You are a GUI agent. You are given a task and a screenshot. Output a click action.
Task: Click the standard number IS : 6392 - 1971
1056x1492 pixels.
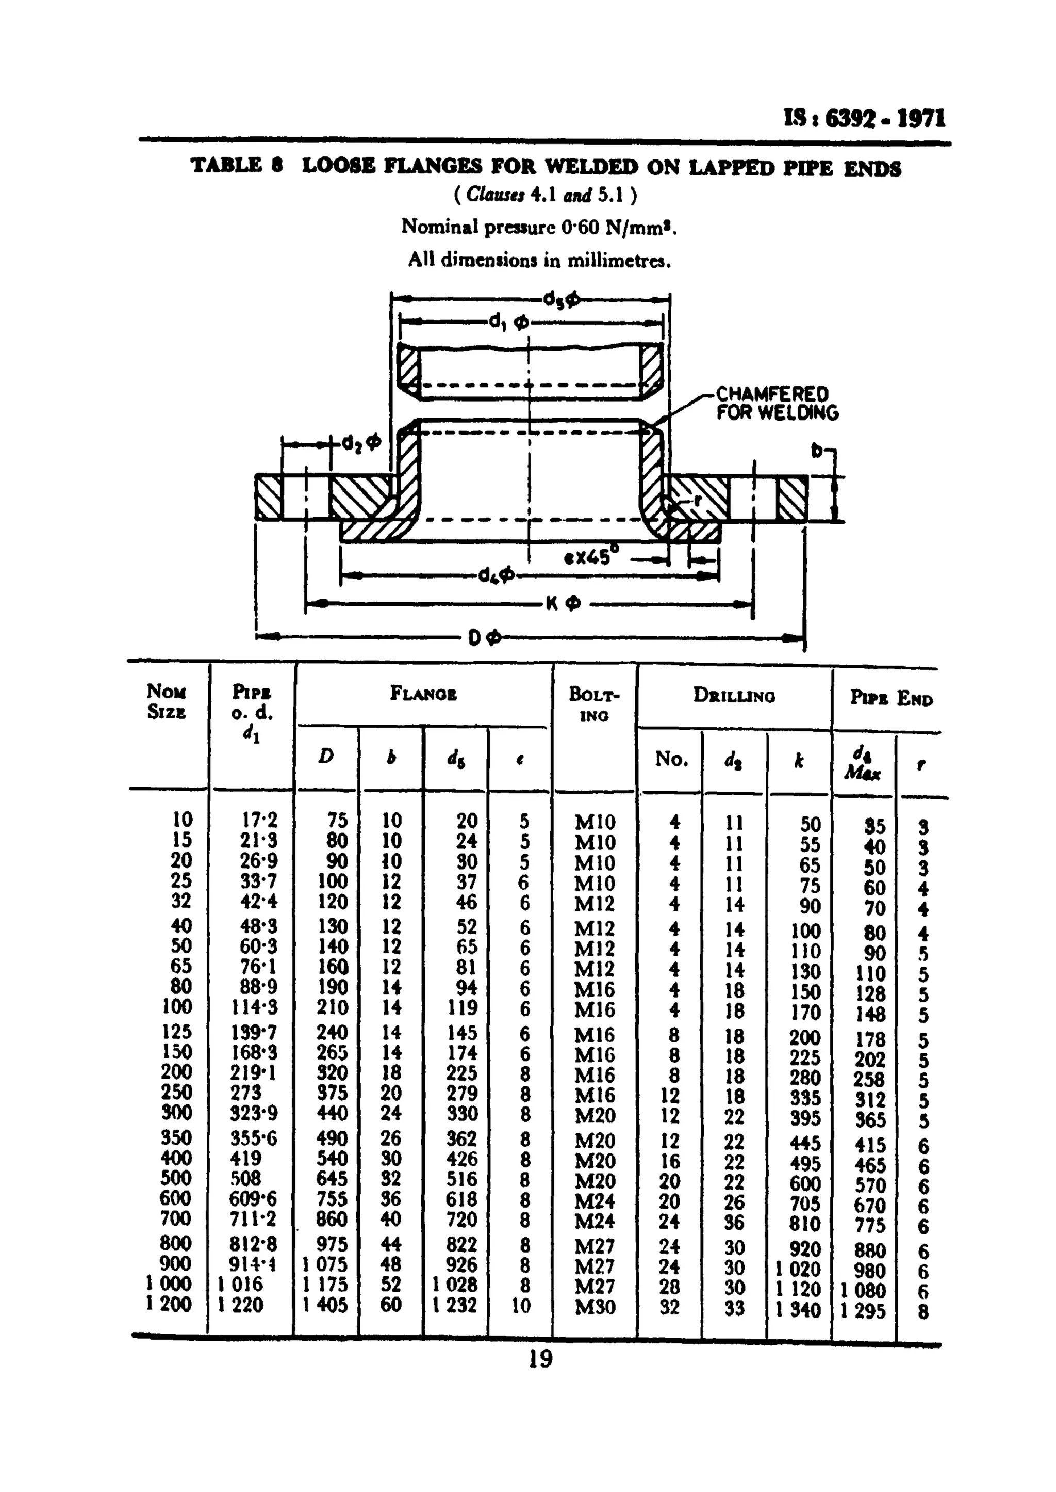(x=865, y=119)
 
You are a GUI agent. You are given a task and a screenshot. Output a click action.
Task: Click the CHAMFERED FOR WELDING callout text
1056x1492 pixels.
(x=777, y=404)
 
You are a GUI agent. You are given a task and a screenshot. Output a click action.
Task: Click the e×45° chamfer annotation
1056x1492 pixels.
(x=591, y=557)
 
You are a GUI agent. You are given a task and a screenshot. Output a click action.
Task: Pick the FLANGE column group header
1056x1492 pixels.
(x=423, y=694)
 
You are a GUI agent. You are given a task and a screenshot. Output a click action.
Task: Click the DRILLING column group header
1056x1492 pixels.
(x=734, y=696)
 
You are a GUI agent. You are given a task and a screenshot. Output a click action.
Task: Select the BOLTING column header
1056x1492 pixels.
(x=595, y=704)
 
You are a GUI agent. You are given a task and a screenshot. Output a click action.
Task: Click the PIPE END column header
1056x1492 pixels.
(x=891, y=699)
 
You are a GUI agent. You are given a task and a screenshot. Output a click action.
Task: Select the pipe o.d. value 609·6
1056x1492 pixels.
(x=253, y=1198)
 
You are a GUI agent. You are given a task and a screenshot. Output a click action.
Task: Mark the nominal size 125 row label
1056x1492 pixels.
(x=177, y=1032)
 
